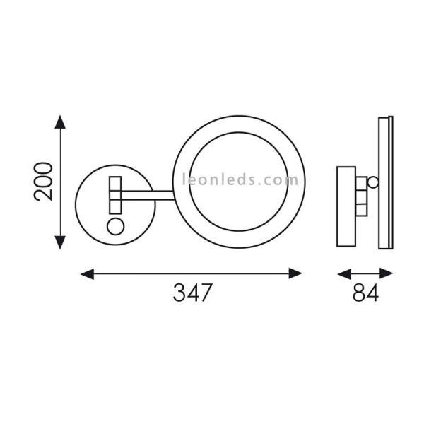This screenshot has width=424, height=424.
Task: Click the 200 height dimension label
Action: pos(44,181)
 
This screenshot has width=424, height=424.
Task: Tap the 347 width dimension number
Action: pos(192,293)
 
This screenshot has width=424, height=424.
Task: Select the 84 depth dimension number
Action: pos(365,293)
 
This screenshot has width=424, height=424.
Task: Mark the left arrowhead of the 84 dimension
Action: pos(341,271)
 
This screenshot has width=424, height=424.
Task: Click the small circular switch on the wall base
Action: pos(114,227)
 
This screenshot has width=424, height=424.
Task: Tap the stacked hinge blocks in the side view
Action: pos(361,198)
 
